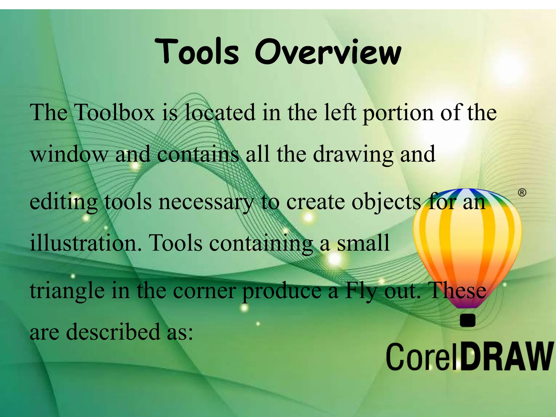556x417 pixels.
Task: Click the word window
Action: [69, 154]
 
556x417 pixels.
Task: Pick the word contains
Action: [198, 154]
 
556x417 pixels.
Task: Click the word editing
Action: [64, 203]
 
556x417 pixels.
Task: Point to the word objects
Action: [386, 203]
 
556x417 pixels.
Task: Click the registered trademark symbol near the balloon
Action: [522, 192]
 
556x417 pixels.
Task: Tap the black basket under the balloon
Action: [467, 320]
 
